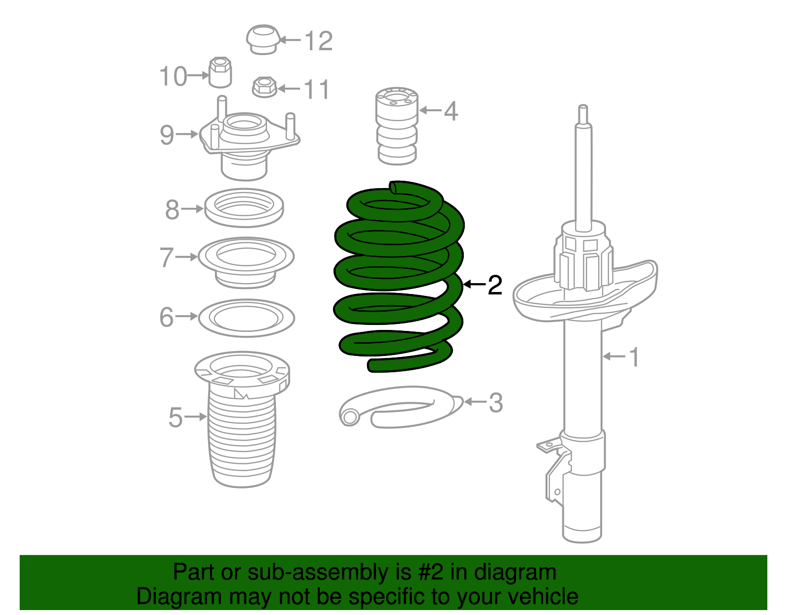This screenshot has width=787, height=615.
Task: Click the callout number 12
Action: pos(319,41)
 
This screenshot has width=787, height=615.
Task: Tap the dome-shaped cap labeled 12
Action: pos(263,39)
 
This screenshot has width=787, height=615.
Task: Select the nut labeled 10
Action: pos(220,72)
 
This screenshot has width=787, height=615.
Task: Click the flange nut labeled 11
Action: pos(264,87)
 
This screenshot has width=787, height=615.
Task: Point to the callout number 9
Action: pos(167,135)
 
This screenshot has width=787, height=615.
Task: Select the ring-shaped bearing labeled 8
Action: pos(243,208)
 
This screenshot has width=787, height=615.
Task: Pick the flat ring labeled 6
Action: pos(246,318)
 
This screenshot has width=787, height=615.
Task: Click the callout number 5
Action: pos(175,418)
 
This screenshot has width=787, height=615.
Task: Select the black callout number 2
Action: pos(495,285)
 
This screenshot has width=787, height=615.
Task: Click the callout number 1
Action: pos(635,357)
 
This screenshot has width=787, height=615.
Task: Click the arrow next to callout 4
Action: pos(430,110)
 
